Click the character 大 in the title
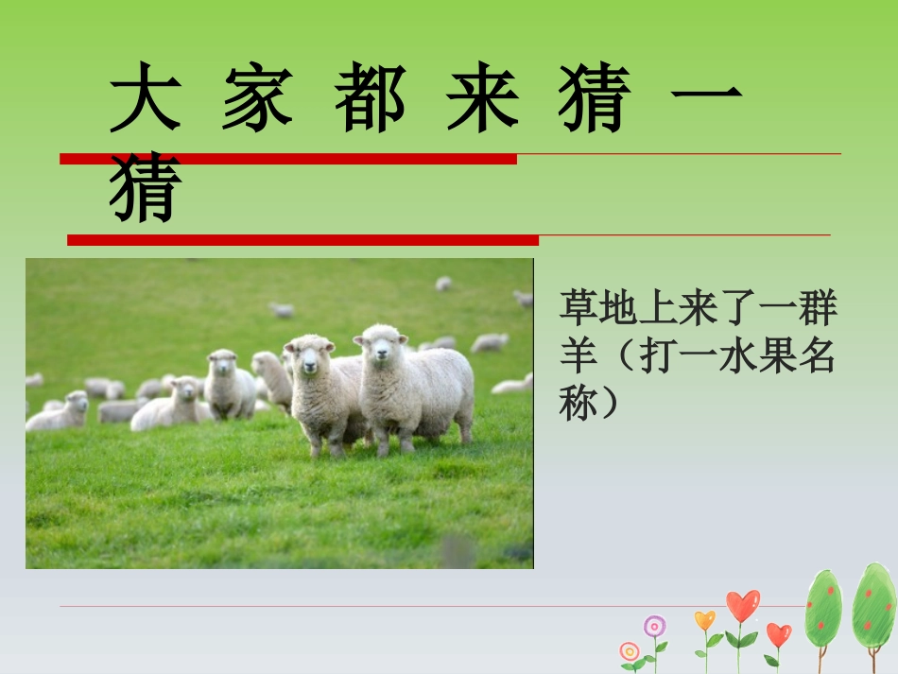tap(145, 98)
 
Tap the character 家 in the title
tap(257, 98)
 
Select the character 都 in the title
tap(370, 98)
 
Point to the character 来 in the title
tap(482, 98)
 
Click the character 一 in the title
tap(706, 98)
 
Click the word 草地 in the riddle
tap(599, 308)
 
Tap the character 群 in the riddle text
tap(819, 308)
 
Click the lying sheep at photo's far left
tap(59, 412)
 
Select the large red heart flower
tap(742, 605)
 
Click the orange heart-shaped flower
tap(705, 620)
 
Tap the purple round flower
tap(655, 626)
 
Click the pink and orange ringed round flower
tap(630, 651)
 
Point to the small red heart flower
tap(778, 634)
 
